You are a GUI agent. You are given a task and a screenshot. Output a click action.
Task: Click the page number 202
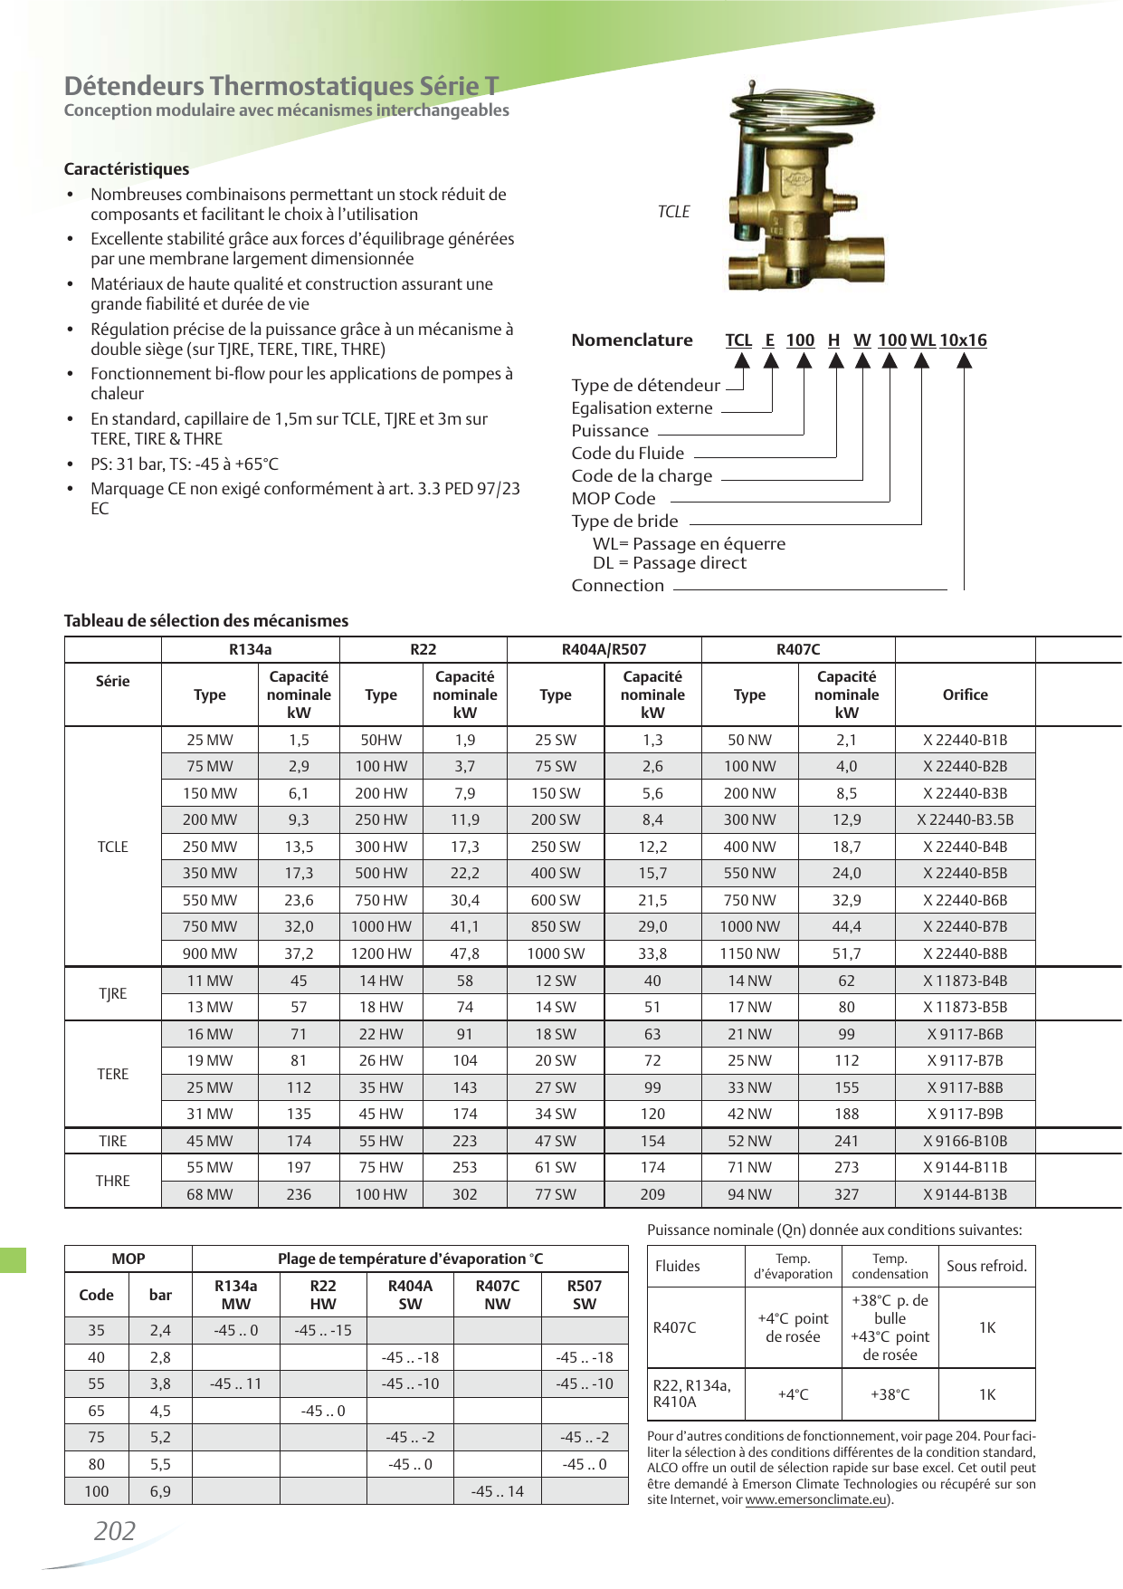115,1531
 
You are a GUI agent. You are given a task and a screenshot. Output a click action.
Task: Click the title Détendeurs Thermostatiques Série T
281,86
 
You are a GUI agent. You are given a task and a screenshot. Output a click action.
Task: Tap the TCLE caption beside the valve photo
673,211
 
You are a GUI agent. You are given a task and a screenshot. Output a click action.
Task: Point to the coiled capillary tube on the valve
796,104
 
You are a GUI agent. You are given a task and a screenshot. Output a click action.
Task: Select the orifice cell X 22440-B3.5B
965,819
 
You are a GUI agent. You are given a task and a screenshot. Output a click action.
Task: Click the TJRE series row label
113,993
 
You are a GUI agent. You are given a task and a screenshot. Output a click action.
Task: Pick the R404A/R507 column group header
604,649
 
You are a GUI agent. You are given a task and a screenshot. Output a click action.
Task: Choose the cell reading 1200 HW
381,953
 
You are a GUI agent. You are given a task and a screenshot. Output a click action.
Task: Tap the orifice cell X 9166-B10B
965,1141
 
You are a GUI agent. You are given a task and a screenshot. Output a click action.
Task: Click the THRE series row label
113,1181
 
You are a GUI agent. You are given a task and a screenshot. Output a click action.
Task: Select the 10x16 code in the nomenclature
963,340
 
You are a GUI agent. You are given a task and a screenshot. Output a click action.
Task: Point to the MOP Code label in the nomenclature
613,498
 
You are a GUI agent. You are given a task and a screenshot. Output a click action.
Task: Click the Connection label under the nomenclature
617,585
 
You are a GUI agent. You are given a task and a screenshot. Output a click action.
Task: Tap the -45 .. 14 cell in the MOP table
497,1491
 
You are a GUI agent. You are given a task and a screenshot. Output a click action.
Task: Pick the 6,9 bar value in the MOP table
160,1491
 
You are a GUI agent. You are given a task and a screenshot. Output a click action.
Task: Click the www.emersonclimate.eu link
815,1499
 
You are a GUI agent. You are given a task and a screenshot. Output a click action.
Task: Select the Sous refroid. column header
986,1266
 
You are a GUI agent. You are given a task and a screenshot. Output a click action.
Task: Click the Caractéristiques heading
127,169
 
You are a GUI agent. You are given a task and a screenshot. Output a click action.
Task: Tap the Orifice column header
965,694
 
